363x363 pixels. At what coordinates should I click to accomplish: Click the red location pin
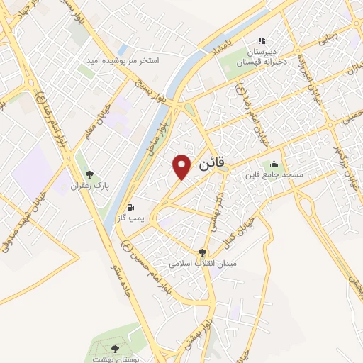(182, 167)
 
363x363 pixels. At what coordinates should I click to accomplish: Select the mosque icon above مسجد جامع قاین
(274, 165)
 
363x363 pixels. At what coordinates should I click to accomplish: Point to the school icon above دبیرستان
(261, 41)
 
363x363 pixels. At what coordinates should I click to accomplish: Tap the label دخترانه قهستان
(260, 62)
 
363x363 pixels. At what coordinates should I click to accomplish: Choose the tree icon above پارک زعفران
(89, 174)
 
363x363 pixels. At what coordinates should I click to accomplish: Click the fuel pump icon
(130, 208)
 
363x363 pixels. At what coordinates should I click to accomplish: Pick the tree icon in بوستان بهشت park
(116, 348)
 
